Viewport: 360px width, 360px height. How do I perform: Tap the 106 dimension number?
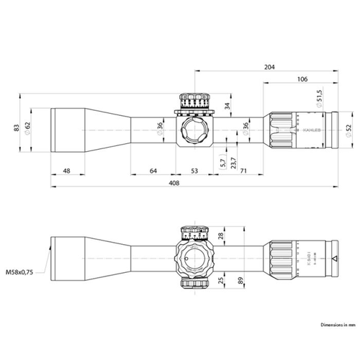(302, 80)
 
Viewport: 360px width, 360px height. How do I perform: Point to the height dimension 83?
(14, 128)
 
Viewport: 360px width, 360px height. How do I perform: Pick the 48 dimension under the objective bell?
(67, 171)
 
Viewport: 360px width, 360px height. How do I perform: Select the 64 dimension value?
(153, 171)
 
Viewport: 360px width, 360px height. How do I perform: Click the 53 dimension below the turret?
(195, 171)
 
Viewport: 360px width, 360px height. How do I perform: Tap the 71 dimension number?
(243, 171)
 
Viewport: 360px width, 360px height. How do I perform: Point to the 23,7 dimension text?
(233, 161)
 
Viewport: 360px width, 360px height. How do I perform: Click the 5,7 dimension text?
(222, 161)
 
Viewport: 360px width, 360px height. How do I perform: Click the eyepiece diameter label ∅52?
(348, 128)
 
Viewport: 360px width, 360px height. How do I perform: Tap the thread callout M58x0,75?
(22, 273)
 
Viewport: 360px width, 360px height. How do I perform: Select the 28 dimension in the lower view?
(222, 235)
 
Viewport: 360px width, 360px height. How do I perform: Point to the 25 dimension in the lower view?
(222, 274)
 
